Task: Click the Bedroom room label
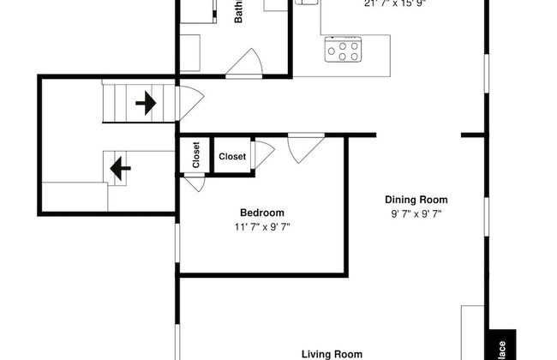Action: click(261, 213)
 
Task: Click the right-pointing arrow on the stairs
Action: click(145, 104)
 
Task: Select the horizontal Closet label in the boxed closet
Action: click(232, 157)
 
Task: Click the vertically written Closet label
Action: click(196, 156)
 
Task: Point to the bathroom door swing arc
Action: click(245, 63)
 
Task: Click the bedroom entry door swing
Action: click(305, 147)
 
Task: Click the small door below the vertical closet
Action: click(195, 183)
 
